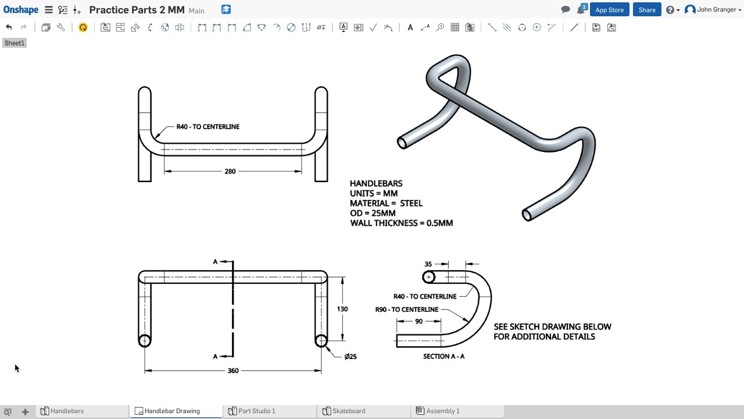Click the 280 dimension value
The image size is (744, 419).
pyautogui.click(x=230, y=171)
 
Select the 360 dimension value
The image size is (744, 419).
pyautogui.click(x=233, y=371)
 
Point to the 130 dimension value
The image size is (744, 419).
pyautogui.click(x=342, y=309)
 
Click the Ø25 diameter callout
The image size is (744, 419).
pyautogui.click(x=350, y=357)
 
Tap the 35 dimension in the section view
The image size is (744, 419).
pyautogui.click(x=428, y=264)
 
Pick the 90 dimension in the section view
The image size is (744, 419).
pyautogui.click(x=419, y=322)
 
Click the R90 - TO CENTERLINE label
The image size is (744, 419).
pyautogui.click(x=407, y=310)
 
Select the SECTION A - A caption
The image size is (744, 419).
pyautogui.click(x=443, y=356)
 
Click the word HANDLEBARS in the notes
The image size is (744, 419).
pyautogui.click(x=376, y=183)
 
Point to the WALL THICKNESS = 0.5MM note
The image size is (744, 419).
pyautogui.click(x=401, y=223)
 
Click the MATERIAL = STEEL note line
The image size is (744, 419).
pyautogui.click(x=386, y=203)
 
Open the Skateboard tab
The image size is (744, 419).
pyautogui.click(x=349, y=411)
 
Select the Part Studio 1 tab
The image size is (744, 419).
pyautogui.click(x=256, y=411)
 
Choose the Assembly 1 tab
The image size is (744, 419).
pyautogui.click(x=442, y=411)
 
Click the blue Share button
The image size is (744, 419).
pyautogui.click(x=647, y=10)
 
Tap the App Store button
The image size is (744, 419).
pyautogui.click(x=609, y=10)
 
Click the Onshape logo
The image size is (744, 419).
pyautogui.click(x=21, y=10)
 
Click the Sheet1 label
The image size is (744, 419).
pyautogui.click(x=15, y=43)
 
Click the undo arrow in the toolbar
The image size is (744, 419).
pyautogui.click(x=9, y=27)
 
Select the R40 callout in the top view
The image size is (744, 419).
pyautogui.click(x=208, y=126)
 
